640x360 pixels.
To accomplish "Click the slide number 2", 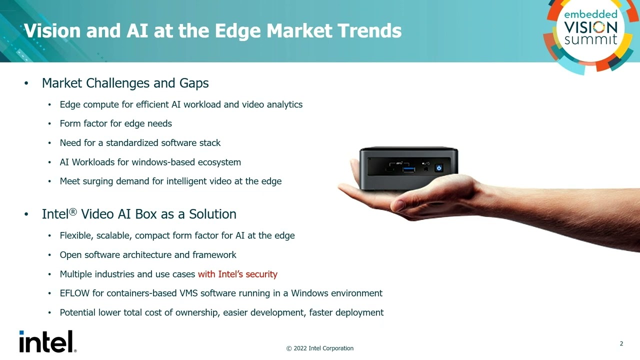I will click(x=621, y=343).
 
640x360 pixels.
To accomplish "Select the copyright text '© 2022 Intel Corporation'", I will click(x=319, y=348).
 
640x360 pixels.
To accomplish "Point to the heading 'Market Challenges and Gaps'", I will click(x=125, y=83).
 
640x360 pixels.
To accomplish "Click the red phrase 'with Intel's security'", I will click(x=237, y=274).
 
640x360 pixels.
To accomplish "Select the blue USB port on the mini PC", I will click(x=408, y=169).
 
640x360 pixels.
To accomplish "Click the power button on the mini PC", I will click(x=438, y=168).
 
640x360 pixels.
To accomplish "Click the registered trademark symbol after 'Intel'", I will click(x=72, y=212).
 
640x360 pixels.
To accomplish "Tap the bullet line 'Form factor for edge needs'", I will click(x=115, y=123).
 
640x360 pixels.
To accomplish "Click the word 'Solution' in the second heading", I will click(x=212, y=214).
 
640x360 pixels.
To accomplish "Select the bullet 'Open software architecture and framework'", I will click(x=148, y=255).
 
